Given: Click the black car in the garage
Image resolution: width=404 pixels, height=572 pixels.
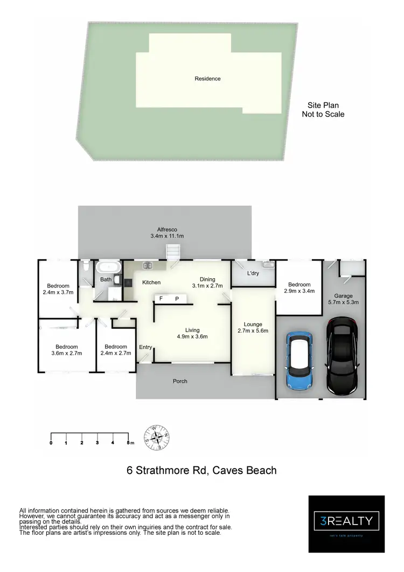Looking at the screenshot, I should pos(342,356).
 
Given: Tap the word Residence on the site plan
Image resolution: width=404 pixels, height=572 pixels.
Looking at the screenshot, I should pos(207,79).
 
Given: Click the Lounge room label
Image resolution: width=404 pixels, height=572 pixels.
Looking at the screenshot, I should pos(253,325).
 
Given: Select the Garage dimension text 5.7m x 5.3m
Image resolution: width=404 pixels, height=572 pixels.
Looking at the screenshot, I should pos(343,302).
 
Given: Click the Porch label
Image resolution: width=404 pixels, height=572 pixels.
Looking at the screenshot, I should pos(180,381).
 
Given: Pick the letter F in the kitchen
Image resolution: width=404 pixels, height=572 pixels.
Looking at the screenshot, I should pos(161,298).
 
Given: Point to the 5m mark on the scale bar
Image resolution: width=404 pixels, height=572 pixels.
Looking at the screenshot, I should pos(129,443).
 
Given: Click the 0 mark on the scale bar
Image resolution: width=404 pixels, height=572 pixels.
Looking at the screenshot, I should pos(51,443).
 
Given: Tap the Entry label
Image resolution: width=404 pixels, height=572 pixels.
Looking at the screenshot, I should pos(145,347).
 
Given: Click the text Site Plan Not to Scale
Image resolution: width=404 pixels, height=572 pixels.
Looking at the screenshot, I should pos(323,110).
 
